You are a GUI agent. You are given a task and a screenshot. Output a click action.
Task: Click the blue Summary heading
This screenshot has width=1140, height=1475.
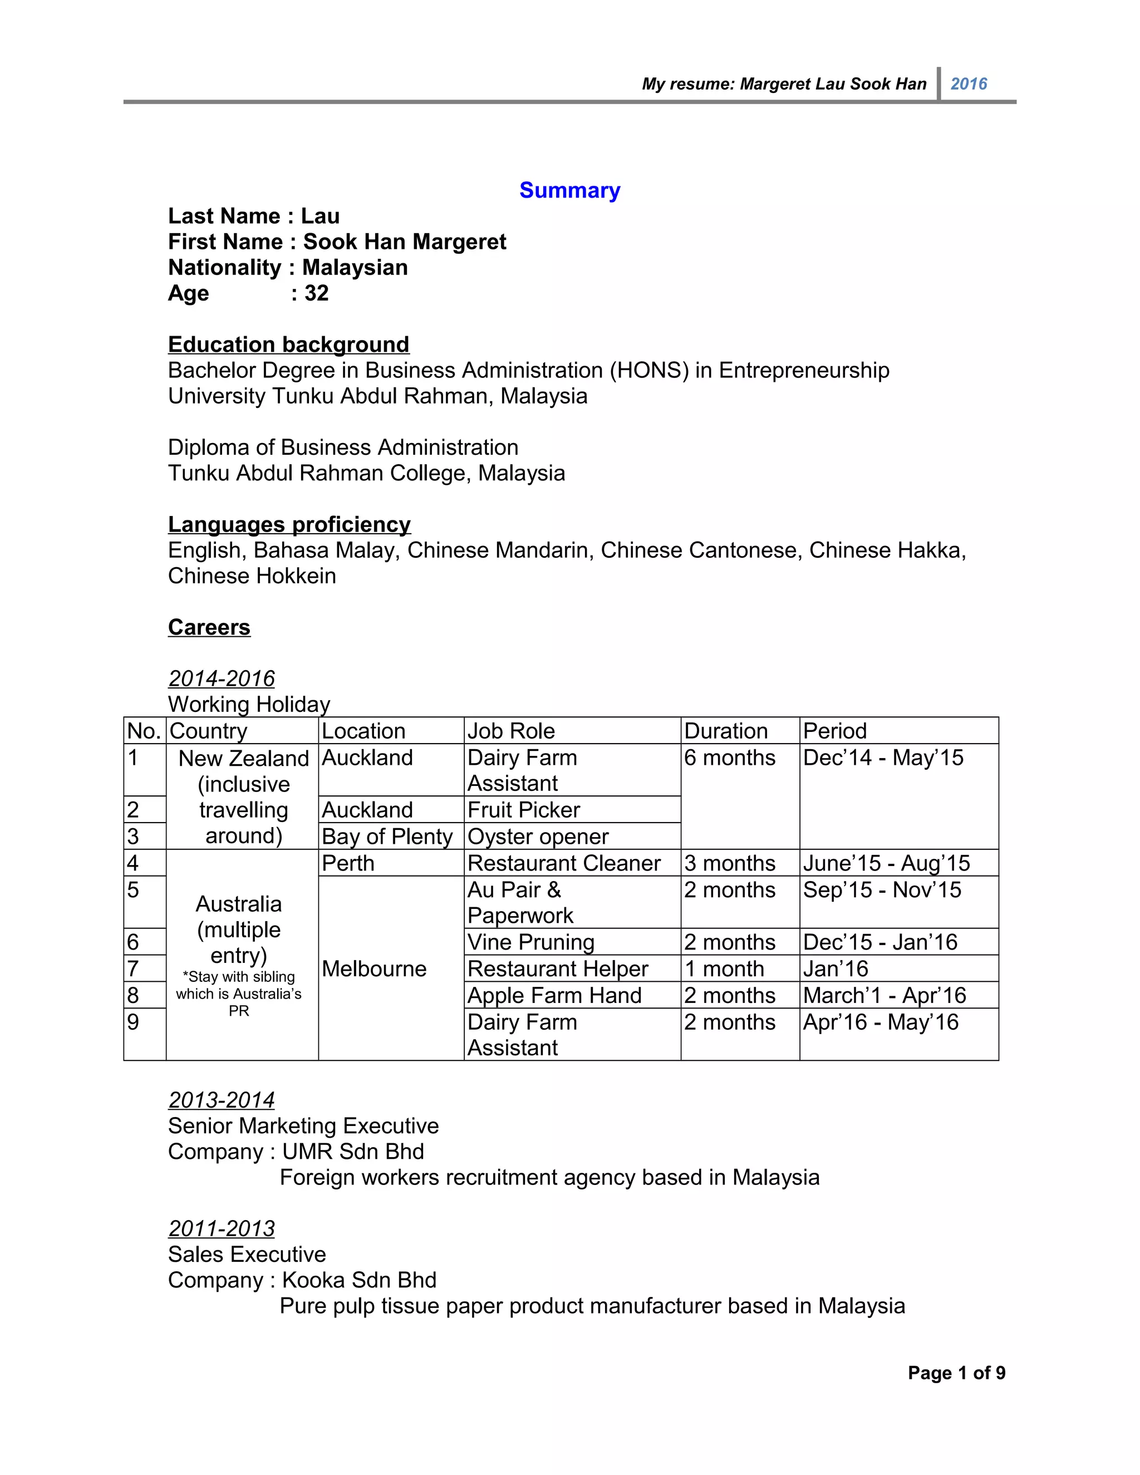tap(569, 190)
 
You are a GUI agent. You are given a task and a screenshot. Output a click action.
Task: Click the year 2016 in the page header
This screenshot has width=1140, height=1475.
tap(969, 83)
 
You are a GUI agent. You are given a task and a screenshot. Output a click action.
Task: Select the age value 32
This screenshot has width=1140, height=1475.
tap(316, 293)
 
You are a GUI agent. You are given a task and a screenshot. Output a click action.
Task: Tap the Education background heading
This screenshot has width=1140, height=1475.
tap(288, 345)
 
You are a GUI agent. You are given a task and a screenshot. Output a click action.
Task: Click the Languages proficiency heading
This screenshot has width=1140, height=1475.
tap(289, 524)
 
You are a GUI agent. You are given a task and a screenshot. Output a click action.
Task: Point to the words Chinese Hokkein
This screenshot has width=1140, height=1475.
tap(252, 576)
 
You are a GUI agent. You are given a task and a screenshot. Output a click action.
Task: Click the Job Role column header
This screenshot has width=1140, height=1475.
tap(511, 731)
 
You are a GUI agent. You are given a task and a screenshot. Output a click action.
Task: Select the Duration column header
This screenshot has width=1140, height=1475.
tap(726, 731)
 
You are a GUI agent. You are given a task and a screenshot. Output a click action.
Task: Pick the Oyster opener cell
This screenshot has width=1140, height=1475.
tap(538, 836)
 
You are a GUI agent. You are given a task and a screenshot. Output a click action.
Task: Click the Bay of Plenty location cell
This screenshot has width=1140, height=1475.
tap(387, 836)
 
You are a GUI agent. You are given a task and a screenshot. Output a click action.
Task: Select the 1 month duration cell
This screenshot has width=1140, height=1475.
tap(724, 968)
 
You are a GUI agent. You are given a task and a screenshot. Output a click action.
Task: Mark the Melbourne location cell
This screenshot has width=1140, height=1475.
tap(374, 968)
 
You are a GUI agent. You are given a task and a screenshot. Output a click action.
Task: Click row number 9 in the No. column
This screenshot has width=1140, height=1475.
tap(133, 1022)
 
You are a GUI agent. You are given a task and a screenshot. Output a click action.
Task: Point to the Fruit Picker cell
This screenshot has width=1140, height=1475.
tap(524, 810)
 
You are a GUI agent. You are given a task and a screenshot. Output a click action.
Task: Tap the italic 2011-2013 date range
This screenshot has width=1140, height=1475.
tap(222, 1228)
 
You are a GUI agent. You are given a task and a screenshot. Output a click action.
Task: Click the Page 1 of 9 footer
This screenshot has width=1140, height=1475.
tap(956, 1373)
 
